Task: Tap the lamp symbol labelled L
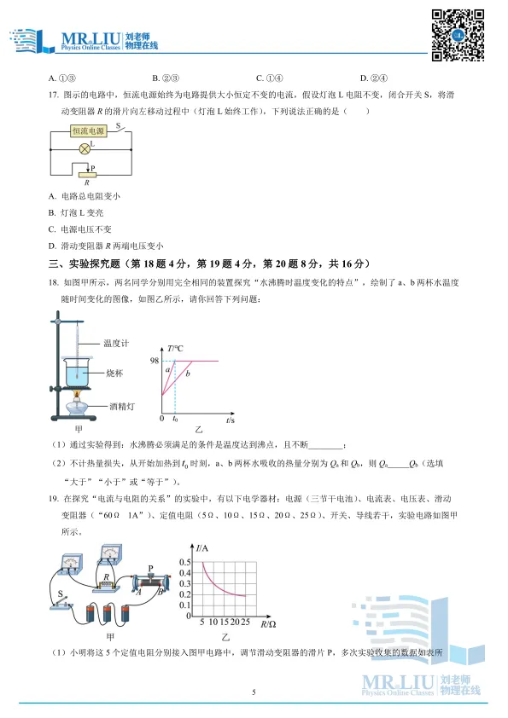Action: coord(85,148)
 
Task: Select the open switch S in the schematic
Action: coord(119,130)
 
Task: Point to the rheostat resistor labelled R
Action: coord(86,174)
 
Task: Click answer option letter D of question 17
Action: coord(53,246)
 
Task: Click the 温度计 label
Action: coord(114,343)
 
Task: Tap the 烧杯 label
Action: coord(114,373)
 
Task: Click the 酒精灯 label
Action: coord(118,407)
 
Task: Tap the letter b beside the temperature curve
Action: coord(188,375)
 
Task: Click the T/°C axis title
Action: coord(177,349)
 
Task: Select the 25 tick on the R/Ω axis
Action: coord(246,622)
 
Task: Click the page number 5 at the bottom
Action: coord(254,692)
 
